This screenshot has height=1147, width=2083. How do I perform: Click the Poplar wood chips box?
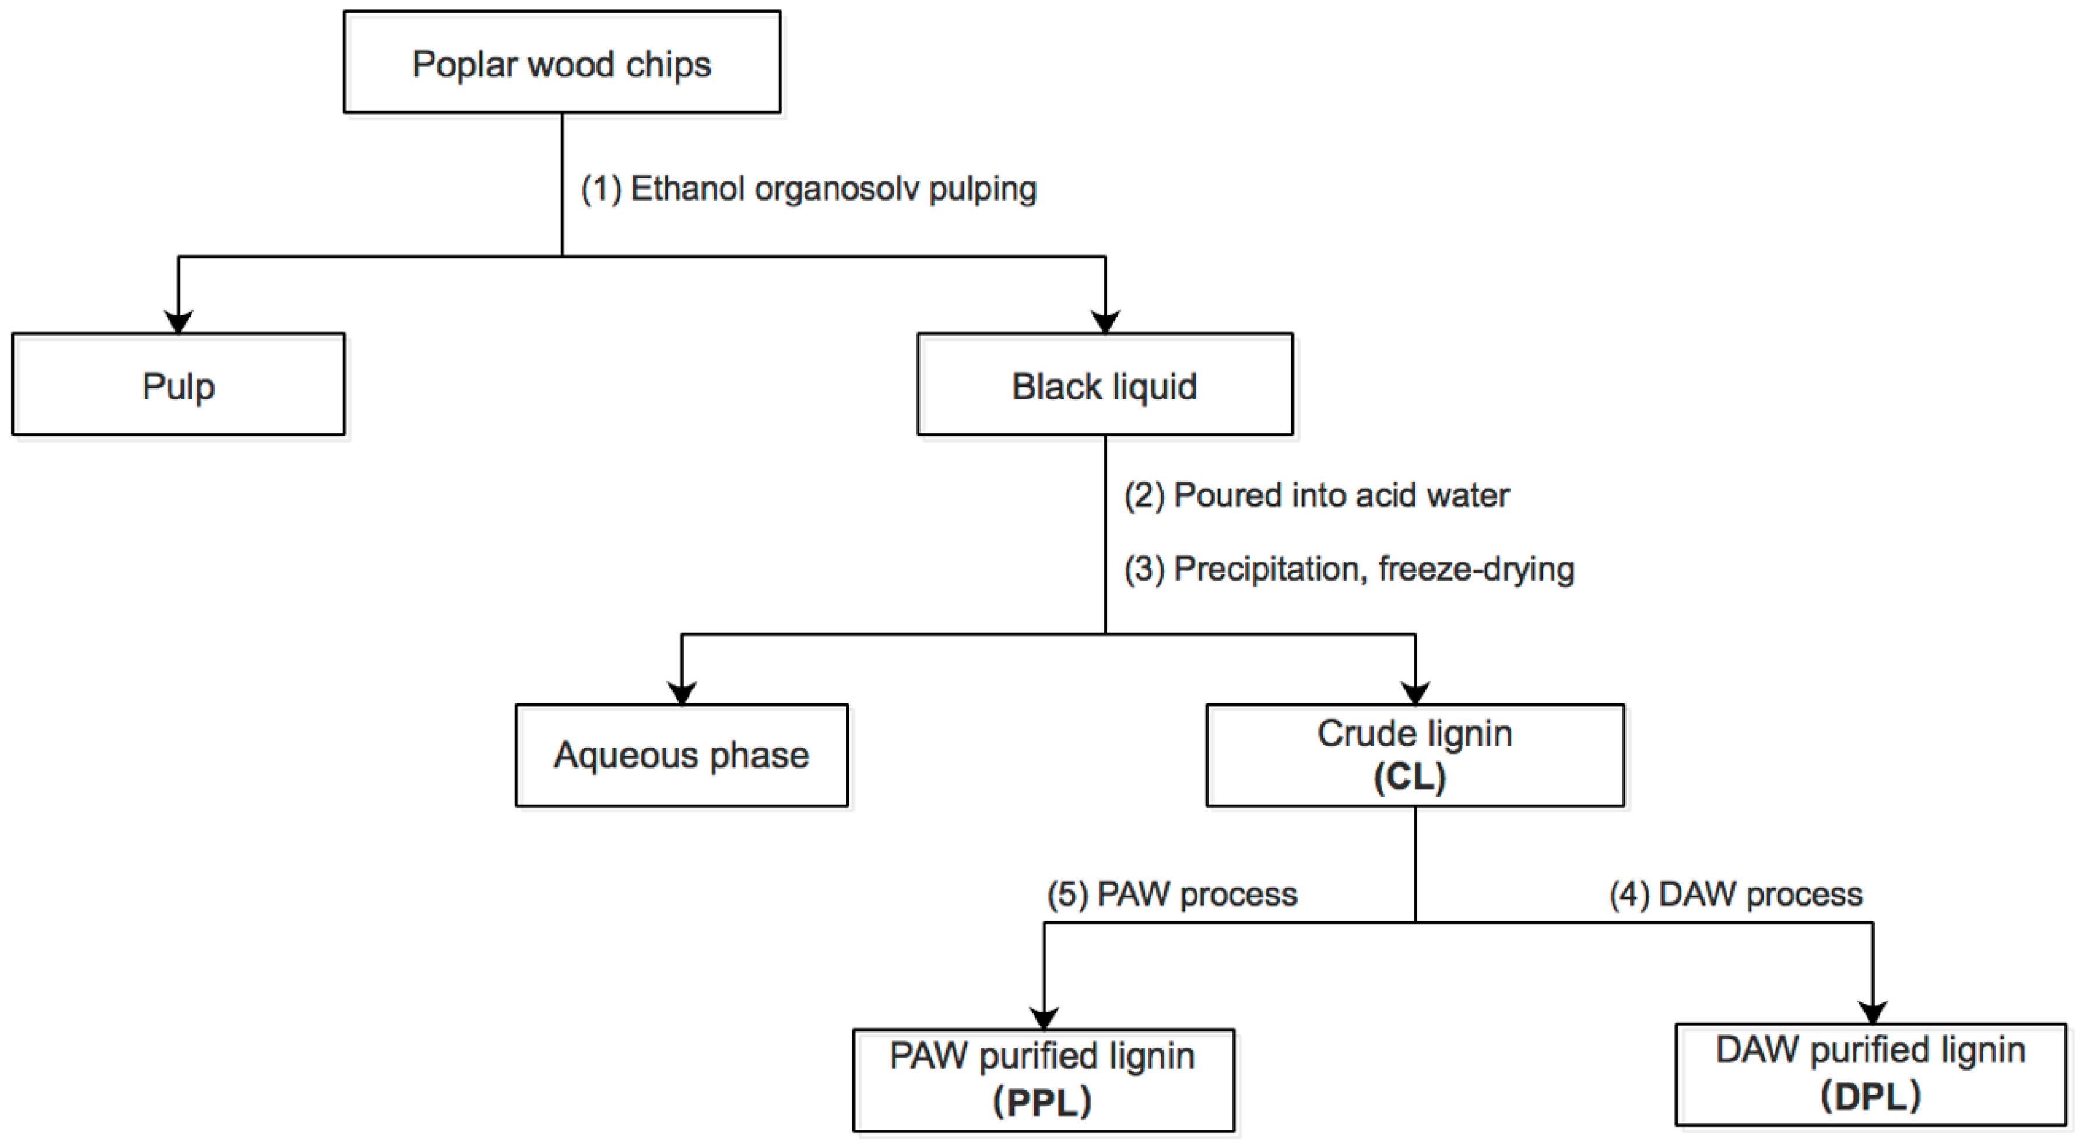click(x=562, y=62)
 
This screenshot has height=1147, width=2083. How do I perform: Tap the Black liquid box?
click(x=1105, y=385)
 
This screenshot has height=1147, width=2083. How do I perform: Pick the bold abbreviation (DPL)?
click(x=1870, y=1096)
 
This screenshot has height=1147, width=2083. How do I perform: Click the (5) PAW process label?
click(x=1172, y=895)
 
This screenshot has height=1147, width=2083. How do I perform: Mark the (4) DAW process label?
click(x=1736, y=895)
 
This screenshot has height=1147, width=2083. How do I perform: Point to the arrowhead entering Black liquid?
click(x=1105, y=322)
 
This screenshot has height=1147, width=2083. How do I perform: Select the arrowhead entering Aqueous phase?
click(x=682, y=693)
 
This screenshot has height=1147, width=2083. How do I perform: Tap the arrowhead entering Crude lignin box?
click(x=1414, y=693)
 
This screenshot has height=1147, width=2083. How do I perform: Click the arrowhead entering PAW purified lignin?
click(x=1044, y=1018)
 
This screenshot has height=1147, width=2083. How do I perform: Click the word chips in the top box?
click(x=668, y=65)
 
